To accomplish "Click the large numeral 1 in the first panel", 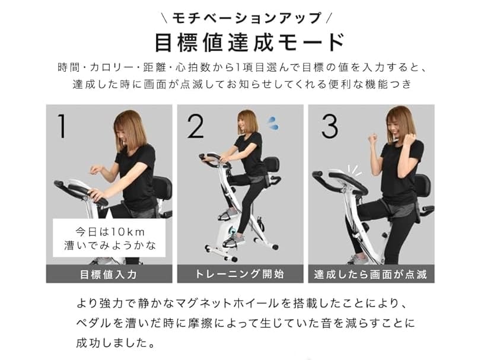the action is pyautogui.click(x=62, y=126).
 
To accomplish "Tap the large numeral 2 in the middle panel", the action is pyautogui.click(x=195, y=126).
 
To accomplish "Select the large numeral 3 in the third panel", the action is pyautogui.click(x=330, y=126).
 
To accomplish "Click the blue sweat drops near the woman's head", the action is pyautogui.click(x=272, y=123).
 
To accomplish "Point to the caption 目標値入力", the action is pyautogui.click(x=109, y=274).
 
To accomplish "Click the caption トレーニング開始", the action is pyautogui.click(x=240, y=274).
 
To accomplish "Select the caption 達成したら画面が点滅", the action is pyautogui.click(x=371, y=274).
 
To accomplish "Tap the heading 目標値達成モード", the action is pyautogui.click(x=249, y=43).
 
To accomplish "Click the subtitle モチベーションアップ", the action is pyautogui.click(x=247, y=18).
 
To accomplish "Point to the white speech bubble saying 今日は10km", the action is pyautogui.click(x=109, y=237).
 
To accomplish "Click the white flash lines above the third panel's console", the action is pyautogui.click(x=354, y=170).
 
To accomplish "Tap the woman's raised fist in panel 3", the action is pyautogui.click(x=372, y=140).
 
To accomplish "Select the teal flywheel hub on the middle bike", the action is pyautogui.click(x=232, y=230).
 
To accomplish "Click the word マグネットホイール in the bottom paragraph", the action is pyautogui.click(x=227, y=304).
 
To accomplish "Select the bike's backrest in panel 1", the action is pyautogui.click(x=163, y=187).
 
